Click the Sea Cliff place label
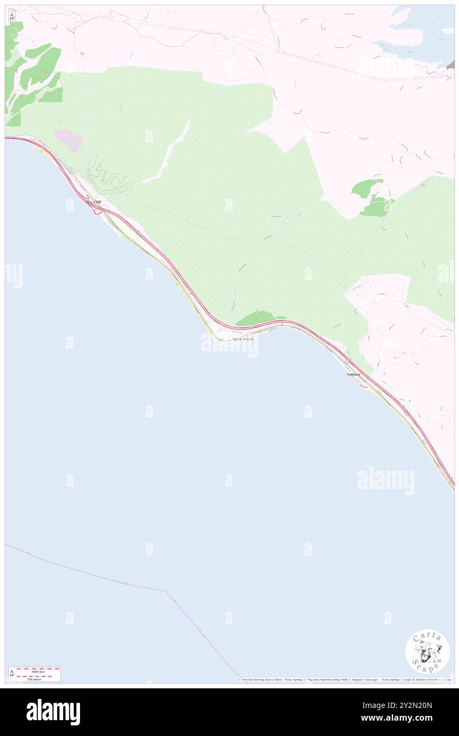(93, 202)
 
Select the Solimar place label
(354, 374)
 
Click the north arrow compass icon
(12, 16)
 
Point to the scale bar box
(34, 674)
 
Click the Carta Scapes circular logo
(427, 651)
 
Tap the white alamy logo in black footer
(53, 712)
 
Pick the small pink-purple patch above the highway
(69, 140)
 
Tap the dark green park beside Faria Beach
(257, 318)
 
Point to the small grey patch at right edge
(451, 65)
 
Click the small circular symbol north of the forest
(81, 53)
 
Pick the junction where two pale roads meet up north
(277, 52)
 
